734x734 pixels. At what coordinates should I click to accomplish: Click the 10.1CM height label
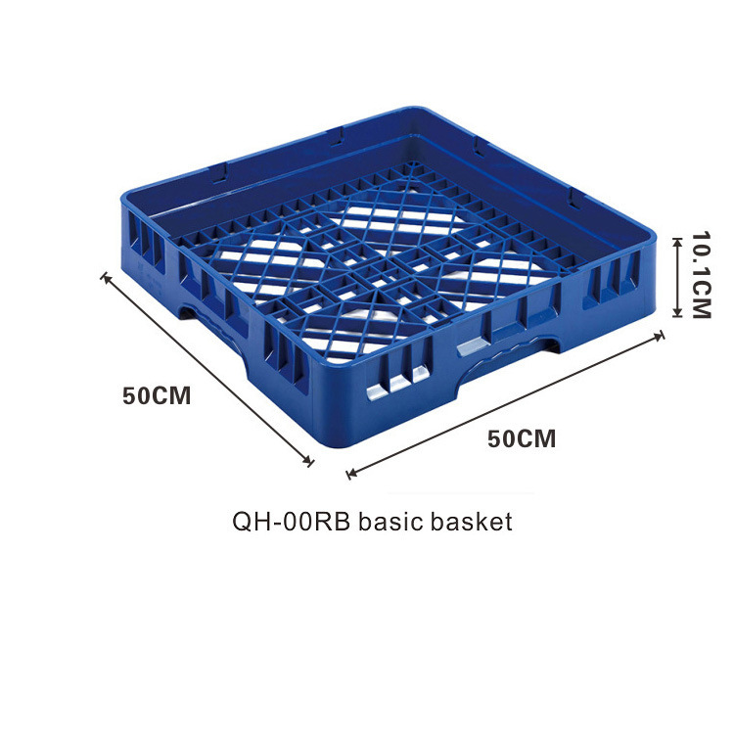(x=699, y=275)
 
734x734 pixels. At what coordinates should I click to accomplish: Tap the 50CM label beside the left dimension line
(x=157, y=396)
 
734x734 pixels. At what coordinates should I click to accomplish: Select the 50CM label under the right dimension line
(x=522, y=438)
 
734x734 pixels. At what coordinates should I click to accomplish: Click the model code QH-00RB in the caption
(x=292, y=522)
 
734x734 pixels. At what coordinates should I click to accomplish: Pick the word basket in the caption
(x=476, y=522)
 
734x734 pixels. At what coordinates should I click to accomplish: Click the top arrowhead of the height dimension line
(x=675, y=237)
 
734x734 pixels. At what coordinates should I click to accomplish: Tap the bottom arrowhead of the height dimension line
(x=675, y=315)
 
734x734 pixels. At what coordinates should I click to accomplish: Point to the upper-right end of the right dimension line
(x=662, y=336)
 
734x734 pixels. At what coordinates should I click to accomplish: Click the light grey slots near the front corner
(x=397, y=383)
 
